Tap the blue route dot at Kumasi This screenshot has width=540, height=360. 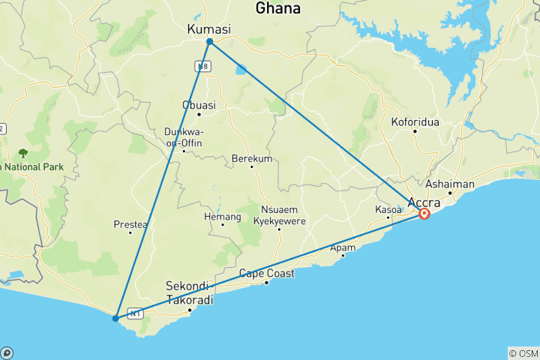pyautogui.click(x=209, y=41)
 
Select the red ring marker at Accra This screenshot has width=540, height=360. pyautogui.click(x=424, y=214)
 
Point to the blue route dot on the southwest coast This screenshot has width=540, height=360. pyautogui.click(x=115, y=319)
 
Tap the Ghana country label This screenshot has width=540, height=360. pyautogui.click(x=278, y=9)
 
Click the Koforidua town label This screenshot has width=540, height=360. pyautogui.click(x=415, y=121)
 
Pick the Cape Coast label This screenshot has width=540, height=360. pyautogui.click(x=266, y=274)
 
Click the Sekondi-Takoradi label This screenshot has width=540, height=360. pyautogui.click(x=189, y=293)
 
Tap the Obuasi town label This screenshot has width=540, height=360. pyautogui.click(x=198, y=105)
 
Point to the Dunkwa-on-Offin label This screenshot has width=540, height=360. pyautogui.click(x=184, y=137)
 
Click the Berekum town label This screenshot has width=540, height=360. pyautogui.click(x=252, y=159)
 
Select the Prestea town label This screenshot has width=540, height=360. pyautogui.click(x=130, y=223)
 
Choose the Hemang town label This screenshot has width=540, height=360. pyautogui.click(x=223, y=217)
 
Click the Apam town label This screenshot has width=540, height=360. pyautogui.click(x=343, y=247)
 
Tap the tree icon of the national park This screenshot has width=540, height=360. pyautogui.click(x=23, y=152)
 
